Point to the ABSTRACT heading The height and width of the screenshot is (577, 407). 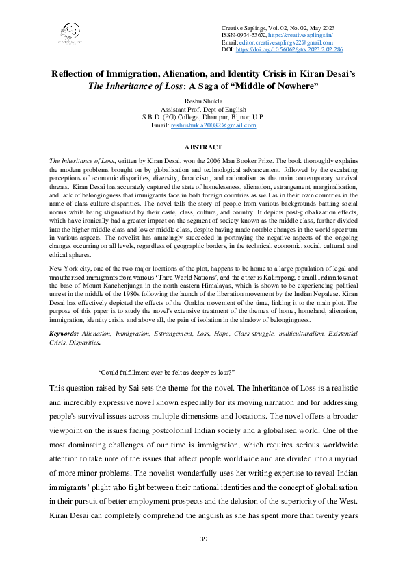[x=203, y=147]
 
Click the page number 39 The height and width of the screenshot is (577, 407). [x=203, y=539]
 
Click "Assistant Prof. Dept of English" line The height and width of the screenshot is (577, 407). [x=203, y=108]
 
